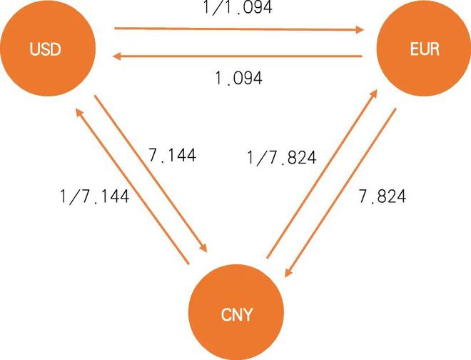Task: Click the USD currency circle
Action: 48,49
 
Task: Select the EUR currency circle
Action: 424,49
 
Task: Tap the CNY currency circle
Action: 236,312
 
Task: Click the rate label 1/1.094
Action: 238,7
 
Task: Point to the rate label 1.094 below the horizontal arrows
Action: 239,78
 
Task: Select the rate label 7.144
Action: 172,156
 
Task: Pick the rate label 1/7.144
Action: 95,196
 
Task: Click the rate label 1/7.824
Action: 281,158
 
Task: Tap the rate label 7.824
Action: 383,196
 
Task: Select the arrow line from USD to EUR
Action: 239,29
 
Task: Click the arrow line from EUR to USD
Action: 237,56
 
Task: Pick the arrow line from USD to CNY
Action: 151,174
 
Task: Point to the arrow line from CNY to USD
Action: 132,186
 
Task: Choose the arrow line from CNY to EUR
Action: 322,174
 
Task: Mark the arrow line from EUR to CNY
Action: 340,192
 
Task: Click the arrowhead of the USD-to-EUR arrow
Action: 360,29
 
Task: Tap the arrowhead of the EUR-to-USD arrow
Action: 116,56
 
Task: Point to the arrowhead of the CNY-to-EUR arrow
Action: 374,94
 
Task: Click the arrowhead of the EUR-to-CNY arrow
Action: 288,272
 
